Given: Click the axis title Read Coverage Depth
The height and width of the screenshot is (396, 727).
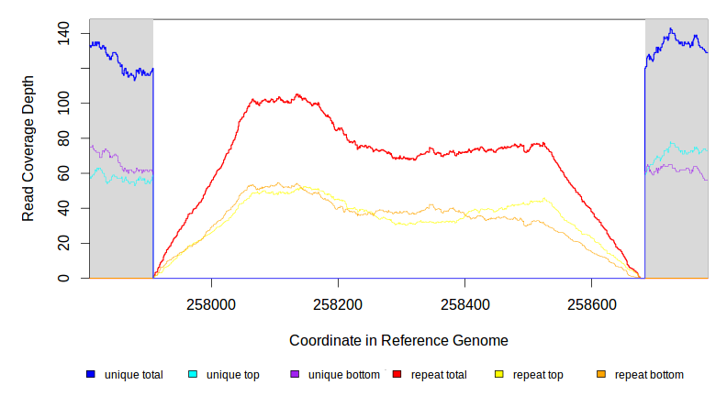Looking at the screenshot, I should [29, 148].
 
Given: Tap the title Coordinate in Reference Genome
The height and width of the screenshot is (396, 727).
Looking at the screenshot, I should [398, 340].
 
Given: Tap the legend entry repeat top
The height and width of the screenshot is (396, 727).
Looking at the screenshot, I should [538, 375].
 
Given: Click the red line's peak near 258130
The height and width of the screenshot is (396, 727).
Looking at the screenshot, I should [296, 94].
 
